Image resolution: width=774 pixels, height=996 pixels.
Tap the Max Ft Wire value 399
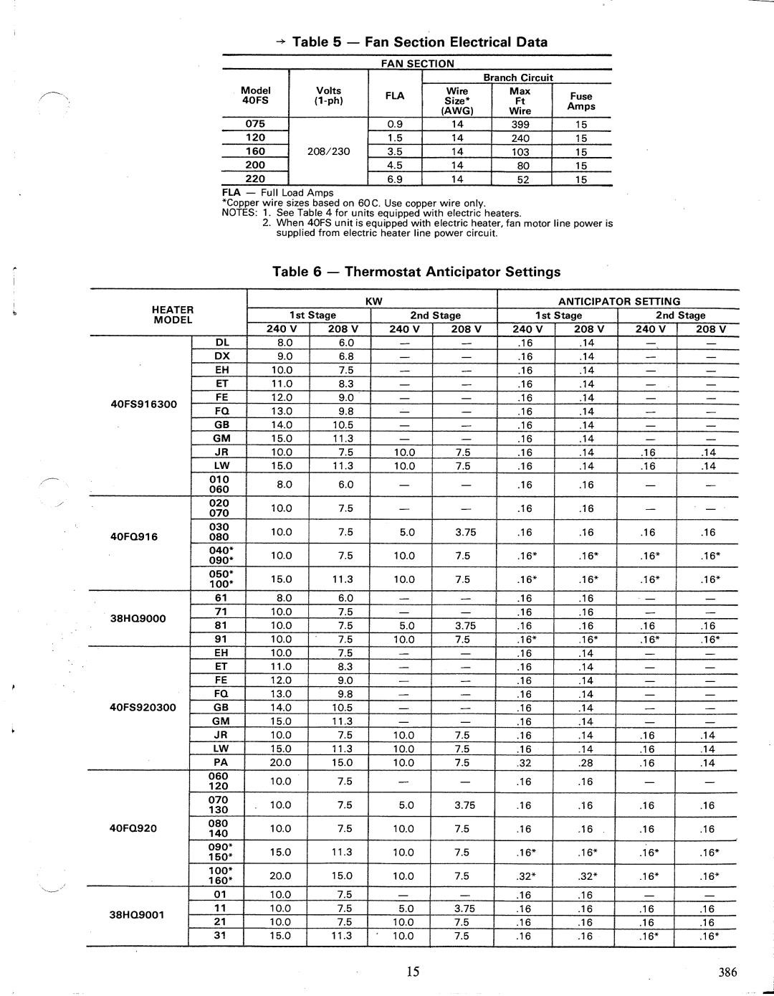(520, 124)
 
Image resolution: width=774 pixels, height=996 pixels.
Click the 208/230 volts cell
(329, 151)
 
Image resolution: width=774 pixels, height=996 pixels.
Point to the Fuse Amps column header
(581, 101)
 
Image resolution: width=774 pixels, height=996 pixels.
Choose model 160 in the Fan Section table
(255, 151)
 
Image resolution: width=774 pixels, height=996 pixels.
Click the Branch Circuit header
(518, 77)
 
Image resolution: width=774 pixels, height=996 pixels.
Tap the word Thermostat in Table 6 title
(383, 272)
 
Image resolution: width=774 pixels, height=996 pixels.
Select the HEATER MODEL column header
(173, 315)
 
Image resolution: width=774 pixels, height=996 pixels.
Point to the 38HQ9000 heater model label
(138, 617)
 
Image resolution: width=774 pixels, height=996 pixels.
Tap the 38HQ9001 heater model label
(138, 914)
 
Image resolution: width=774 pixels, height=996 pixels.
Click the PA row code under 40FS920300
(220, 762)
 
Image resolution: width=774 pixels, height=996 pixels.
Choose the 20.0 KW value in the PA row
(281, 763)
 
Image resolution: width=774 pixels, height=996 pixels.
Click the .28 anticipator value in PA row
(587, 763)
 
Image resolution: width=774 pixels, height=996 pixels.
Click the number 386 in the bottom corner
(727, 972)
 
